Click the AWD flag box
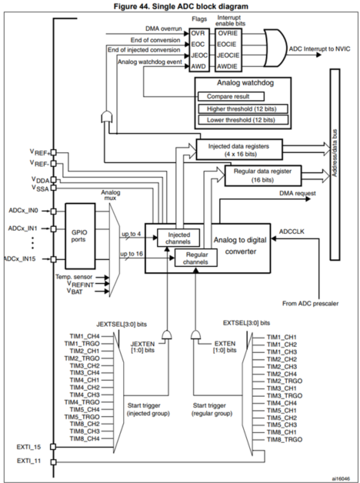tap(198, 66)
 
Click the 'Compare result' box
tap(230, 97)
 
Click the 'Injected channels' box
tap(178, 238)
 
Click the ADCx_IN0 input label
tap(23, 210)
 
